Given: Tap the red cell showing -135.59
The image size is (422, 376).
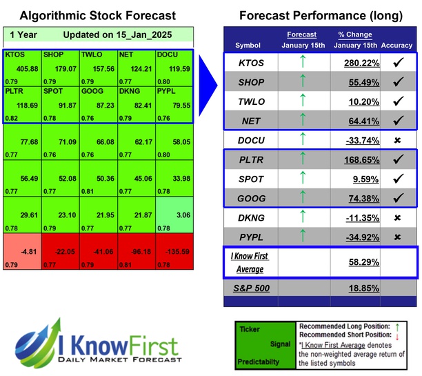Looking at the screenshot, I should (x=174, y=251).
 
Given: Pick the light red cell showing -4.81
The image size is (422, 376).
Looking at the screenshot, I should (x=22, y=251).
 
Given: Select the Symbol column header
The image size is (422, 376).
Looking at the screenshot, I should (x=248, y=45).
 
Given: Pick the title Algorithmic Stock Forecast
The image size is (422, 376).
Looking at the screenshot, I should (x=97, y=15).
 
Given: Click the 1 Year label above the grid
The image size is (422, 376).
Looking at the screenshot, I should (x=23, y=34).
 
